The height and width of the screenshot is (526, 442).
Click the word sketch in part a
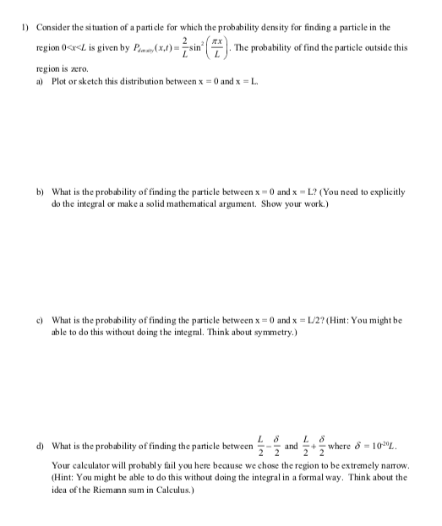click(x=94, y=84)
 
